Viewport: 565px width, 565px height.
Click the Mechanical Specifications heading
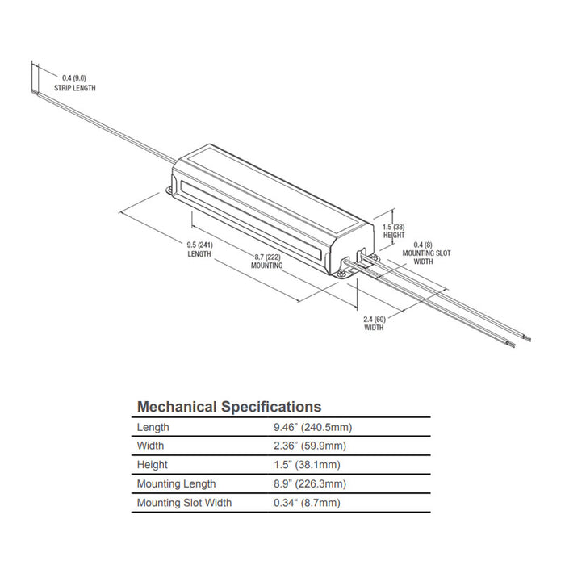point(229,407)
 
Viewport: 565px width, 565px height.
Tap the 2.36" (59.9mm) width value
point(311,446)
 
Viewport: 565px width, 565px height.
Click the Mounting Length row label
point(177,484)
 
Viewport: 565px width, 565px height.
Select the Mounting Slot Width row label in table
point(185,503)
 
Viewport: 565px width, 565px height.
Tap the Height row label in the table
point(153,465)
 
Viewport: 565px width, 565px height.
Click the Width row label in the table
point(151,446)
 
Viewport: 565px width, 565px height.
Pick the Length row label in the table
point(153,427)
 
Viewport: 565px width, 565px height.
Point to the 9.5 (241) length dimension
point(199,249)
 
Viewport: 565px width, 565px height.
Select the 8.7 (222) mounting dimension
point(266,259)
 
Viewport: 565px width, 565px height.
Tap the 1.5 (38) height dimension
point(393,232)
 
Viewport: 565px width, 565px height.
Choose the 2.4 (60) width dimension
point(374,323)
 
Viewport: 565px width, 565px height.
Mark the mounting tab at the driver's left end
point(170,191)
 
